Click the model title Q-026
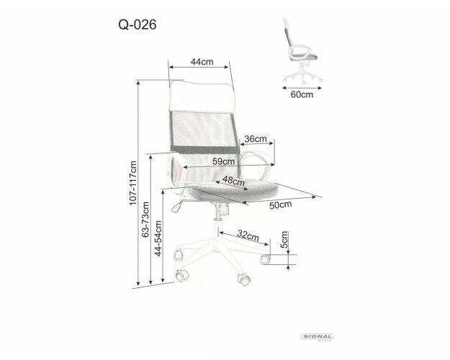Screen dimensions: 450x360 coord(138,24)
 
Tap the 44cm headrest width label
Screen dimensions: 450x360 coord(202,62)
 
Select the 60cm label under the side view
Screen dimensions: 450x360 coord(302,94)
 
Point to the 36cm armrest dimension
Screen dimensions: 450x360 coord(256,139)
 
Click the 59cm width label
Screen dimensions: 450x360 coord(224,161)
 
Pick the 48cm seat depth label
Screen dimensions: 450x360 coord(233,181)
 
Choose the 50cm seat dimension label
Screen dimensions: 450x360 coord(280,205)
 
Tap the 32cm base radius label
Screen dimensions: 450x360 coord(248,236)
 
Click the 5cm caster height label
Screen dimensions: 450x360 coord(284,240)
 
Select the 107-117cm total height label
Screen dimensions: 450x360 coord(133,183)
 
